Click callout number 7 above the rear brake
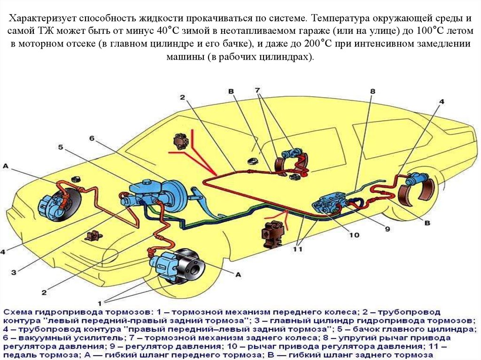tap(257, 90)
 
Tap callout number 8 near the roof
tap(372, 91)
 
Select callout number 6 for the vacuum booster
tap(92, 138)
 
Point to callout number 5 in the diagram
tap(61, 147)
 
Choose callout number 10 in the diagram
tap(354, 235)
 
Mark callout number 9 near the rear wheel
tap(388, 229)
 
